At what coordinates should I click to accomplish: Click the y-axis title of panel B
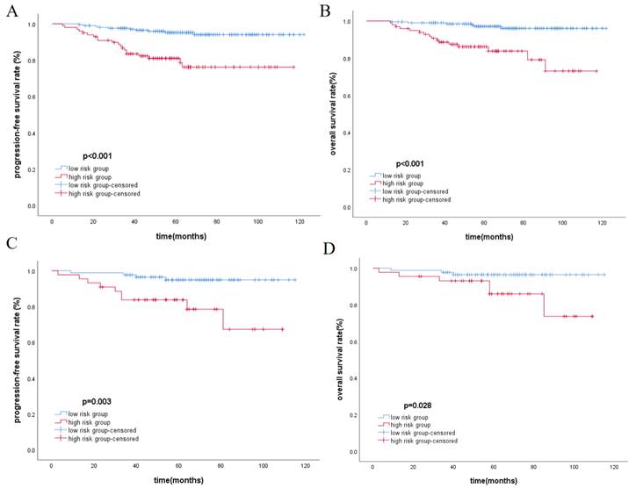click(x=333, y=114)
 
